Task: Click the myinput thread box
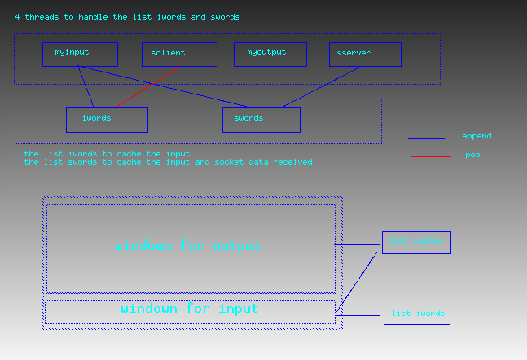(80, 55)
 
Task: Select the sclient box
(179, 55)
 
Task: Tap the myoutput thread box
(270, 55)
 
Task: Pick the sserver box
(365, 55)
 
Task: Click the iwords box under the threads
(107, 119)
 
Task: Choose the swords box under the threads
(261, 119)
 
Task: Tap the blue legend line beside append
(426, 138)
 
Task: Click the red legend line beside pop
(430, 156)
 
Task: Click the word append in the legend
(476, 136)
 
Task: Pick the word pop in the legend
(472, 155)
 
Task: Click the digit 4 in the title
(17, 16)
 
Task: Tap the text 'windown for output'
(188, 246)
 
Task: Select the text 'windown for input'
(190, 309)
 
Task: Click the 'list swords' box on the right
(415, 242)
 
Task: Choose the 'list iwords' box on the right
(416, 314)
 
